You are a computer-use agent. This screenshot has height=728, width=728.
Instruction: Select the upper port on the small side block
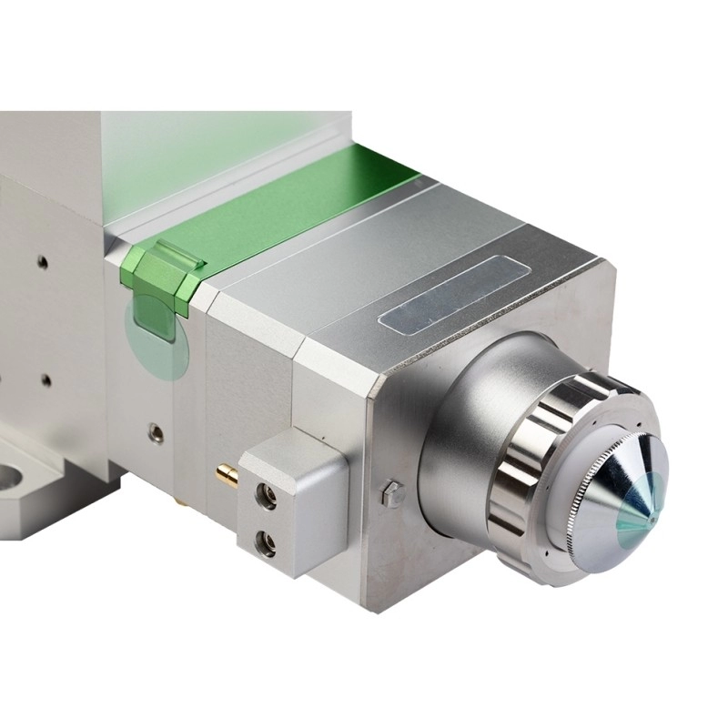(x=268, y=497)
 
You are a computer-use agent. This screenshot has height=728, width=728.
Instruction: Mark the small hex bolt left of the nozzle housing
(x=392, y=493)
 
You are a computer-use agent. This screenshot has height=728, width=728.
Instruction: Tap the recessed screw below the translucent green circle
(x=157, y=434)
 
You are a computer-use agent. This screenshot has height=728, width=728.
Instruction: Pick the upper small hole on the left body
(x=42, y=263)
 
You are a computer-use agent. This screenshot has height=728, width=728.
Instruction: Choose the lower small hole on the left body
(x=44, y=379)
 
